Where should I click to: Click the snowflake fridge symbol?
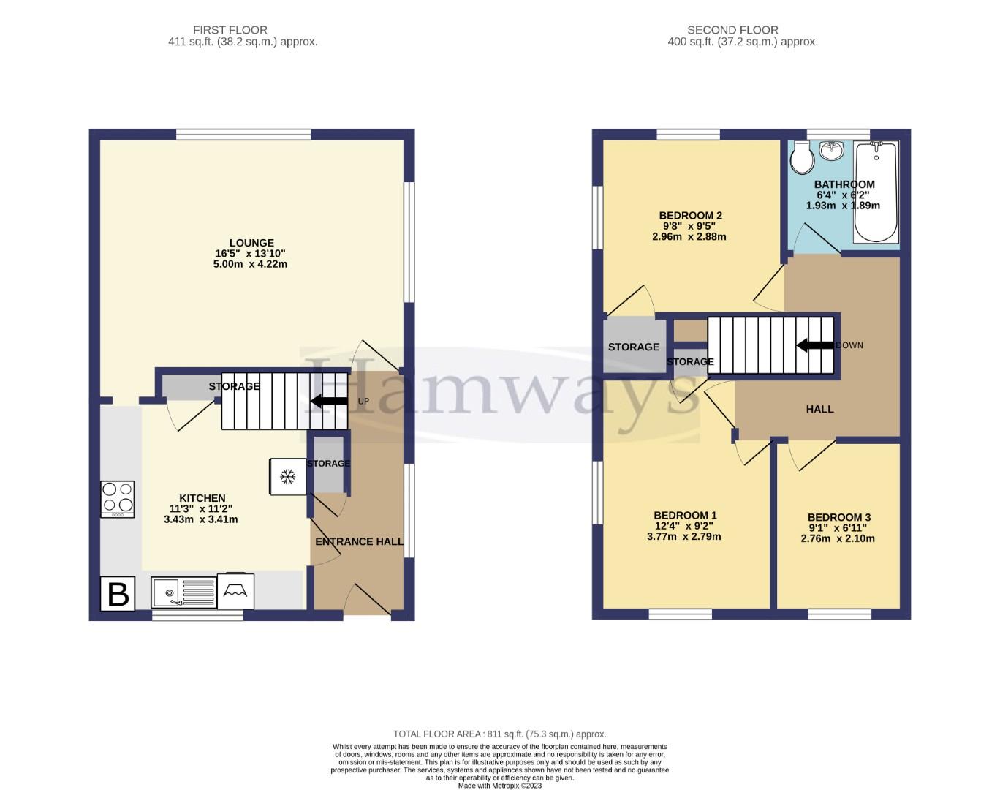point(287,477)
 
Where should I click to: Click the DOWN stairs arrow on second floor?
point(814,345)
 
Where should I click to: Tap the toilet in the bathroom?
point(802,157)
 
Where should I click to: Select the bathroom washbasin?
point(831,151)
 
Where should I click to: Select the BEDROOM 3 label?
point(839,517)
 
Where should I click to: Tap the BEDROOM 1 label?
point(685,515)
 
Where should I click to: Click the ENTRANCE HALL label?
point(359,541)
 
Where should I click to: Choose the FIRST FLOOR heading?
point(230,30)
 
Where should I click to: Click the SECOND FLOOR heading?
point(732,30)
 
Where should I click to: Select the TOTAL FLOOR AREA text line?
point(499,734)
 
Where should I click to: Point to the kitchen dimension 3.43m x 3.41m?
point(200,519)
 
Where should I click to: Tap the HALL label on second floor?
point(819,409)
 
